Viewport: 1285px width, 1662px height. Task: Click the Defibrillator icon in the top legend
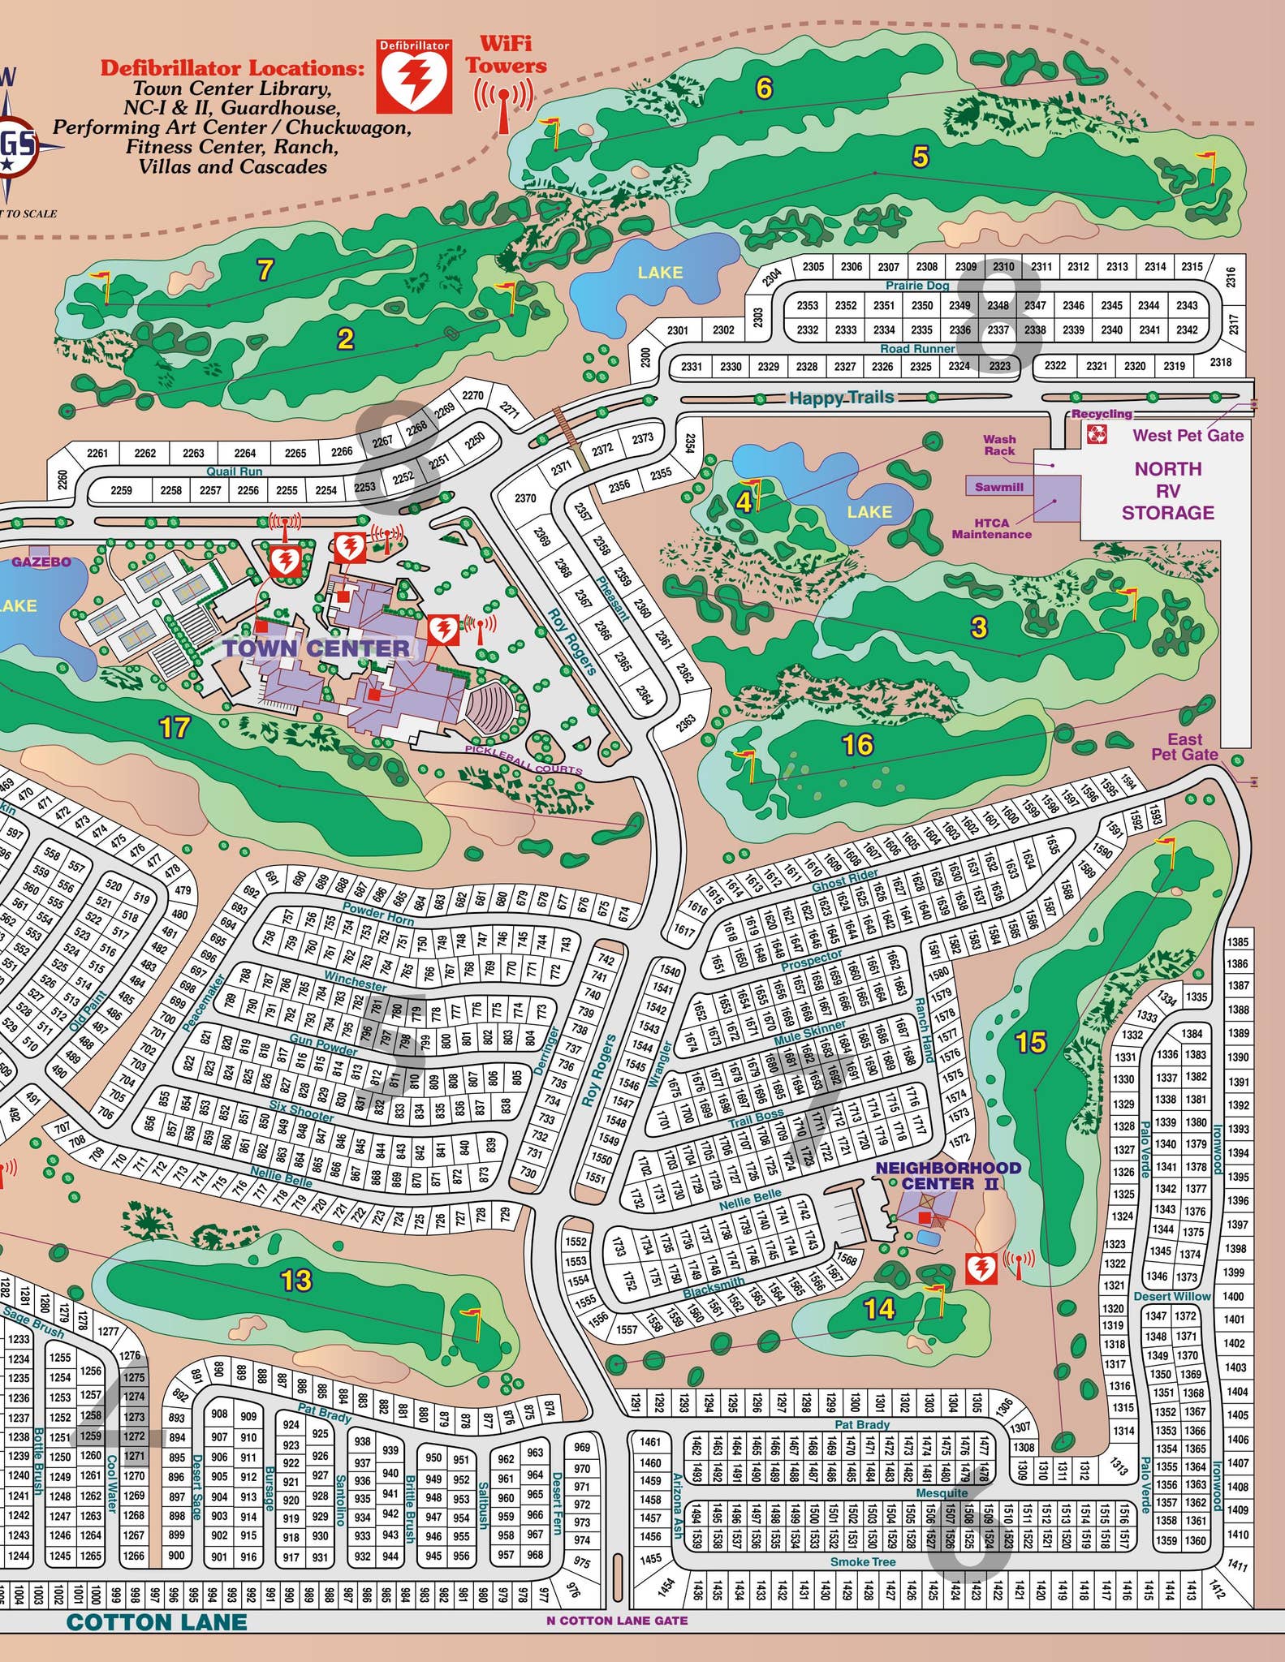click(414, 76)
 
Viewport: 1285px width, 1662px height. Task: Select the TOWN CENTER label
click(317, 648)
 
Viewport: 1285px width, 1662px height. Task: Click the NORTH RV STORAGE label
click(1168, 490)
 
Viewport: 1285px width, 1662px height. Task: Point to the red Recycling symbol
click(1097, 434)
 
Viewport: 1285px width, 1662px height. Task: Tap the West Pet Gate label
click(1188, 435)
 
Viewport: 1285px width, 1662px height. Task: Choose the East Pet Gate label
click(1184, 747)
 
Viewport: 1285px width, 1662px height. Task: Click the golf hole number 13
click(295, 1281)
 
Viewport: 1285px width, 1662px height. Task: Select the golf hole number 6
click(764, 88)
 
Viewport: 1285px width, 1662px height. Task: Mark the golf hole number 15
click(1031, 1043)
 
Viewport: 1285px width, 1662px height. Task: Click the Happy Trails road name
click(841, 398)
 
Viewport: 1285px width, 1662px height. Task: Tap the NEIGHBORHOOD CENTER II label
click(947, 1175)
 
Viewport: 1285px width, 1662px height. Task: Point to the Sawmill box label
click(998, 487)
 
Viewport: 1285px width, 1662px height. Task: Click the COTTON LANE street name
click(156, 1622)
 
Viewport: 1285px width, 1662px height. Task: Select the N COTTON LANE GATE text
click(617, 1621)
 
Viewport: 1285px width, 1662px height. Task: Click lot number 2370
click(525, 498)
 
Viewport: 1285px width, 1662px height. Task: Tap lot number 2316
click(1231, 277)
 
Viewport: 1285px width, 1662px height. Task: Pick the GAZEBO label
click(41, 562)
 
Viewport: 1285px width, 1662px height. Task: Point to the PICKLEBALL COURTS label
click(524, 760)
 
